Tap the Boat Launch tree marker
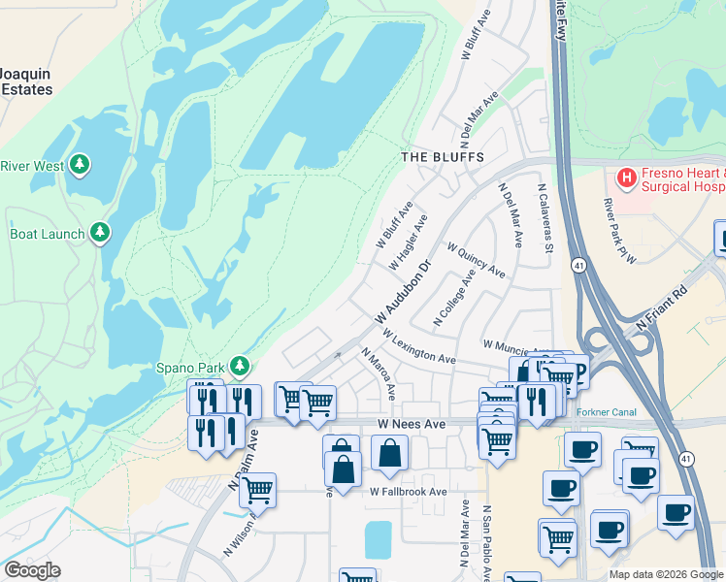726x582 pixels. click(99, 233)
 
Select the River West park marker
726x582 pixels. click(80, 166)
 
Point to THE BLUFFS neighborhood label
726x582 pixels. click(443, 156)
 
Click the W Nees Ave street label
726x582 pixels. click(412, 424)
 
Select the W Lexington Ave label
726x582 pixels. click(419, 346)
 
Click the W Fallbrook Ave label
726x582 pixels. click(408, 492)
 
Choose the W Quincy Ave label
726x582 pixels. click(476, 259)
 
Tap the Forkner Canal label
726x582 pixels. click(606, 412)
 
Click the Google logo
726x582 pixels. click(32, 570)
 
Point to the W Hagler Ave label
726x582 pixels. click(408, 242)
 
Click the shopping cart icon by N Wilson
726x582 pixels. click(257, 491)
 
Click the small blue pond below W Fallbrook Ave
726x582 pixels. click(378, 538)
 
